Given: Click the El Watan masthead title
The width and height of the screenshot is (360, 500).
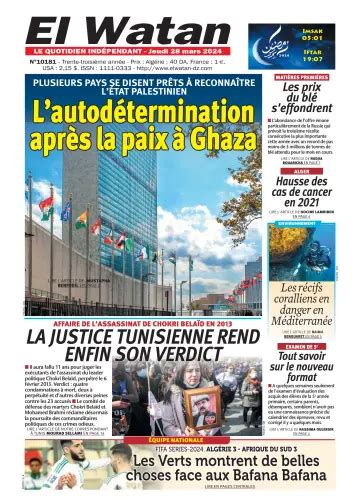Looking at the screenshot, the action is pos(110,25).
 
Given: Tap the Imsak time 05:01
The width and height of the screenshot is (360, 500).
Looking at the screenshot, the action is pos(339,18).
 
